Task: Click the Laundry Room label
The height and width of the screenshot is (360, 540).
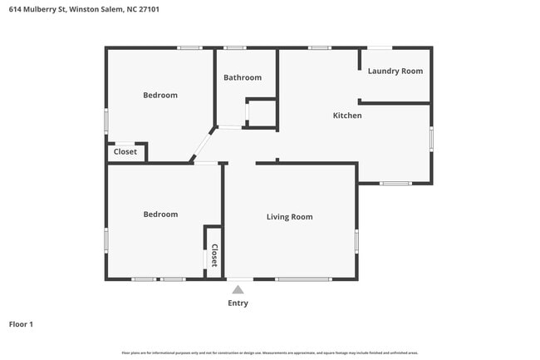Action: tap(395, 72)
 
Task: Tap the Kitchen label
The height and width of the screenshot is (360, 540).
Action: tap(347, 116)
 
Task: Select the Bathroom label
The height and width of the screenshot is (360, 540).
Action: tap(243, 78)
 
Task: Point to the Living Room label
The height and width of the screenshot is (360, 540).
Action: tap(289, 217)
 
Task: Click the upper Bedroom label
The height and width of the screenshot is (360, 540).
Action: tap(160, 96)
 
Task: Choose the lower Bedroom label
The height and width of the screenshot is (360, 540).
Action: tap(160, 215)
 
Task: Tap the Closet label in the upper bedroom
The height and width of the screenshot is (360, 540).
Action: tap(125, 152)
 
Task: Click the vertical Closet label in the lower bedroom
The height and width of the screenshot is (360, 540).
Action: tap(214, 254)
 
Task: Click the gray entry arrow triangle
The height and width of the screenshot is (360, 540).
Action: tap(238, 289)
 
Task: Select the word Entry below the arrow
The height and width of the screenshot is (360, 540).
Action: tap(238, 303)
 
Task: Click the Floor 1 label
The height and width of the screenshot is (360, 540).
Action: tap(21, 324)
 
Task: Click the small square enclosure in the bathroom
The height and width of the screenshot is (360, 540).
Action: tap(262, 113)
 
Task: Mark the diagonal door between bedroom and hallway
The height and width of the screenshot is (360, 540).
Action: tap(203, 145)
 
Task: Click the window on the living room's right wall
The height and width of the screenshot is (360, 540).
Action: tap(356, 241)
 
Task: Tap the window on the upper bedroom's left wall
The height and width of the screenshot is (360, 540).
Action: tap(106, 121)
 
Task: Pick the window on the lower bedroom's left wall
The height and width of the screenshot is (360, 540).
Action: tap(106, 240)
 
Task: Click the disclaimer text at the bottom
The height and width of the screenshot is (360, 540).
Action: tap(270, 353)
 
